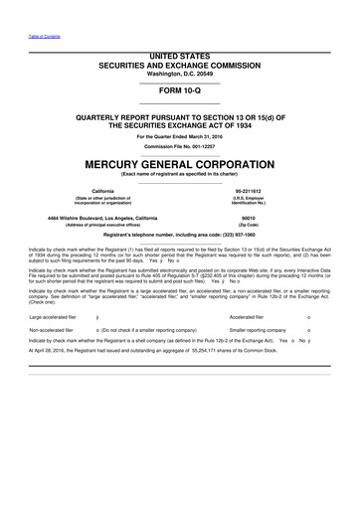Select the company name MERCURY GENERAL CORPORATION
[x=179, y=163]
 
